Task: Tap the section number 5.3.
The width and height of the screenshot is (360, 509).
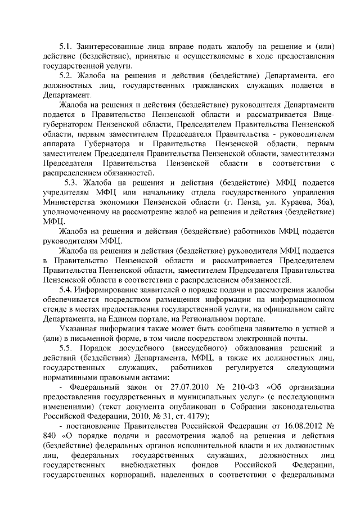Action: tap(71, 183)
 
